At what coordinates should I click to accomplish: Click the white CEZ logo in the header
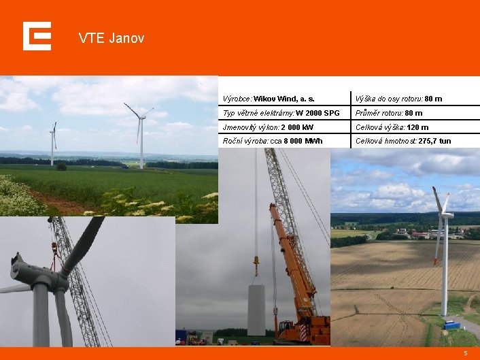point(37,36)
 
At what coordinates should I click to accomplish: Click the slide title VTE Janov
point(112,38)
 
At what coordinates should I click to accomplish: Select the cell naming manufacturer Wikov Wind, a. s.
point(269,99)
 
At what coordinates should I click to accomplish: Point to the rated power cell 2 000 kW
point(269,127)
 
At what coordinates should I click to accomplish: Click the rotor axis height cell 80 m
point(398,99)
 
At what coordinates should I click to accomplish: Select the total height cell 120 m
point(392,127)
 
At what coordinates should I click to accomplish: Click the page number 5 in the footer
point(466,353)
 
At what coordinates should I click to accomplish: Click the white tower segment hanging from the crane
point(256,310)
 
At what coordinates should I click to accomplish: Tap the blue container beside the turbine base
point(451,325)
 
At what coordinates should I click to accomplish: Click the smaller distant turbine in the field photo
point(52,143)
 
